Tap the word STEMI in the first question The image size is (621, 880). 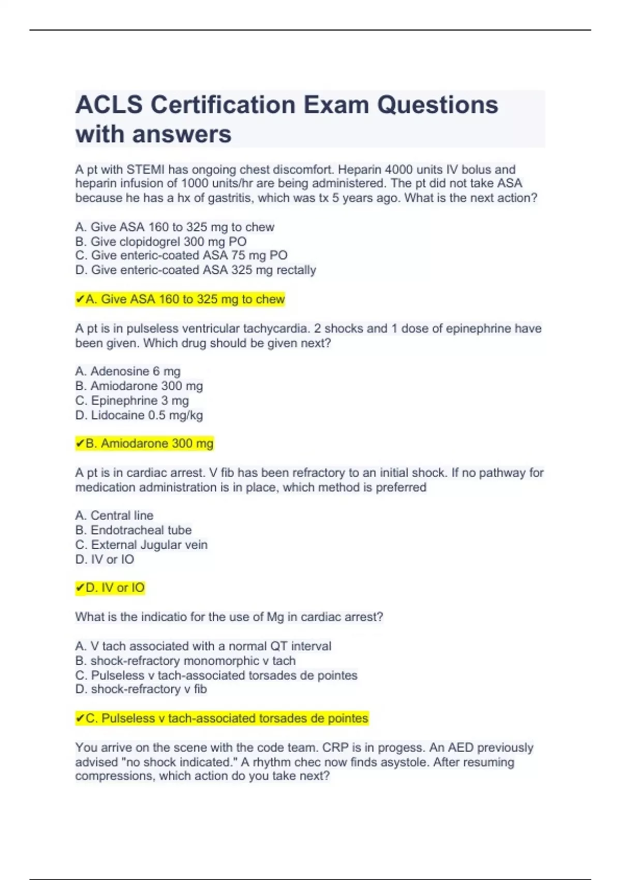(145, 169)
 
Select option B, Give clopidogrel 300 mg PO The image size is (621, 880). (161, 241)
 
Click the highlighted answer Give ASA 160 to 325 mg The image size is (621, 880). (180, 299)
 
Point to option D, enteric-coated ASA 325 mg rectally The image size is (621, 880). (196, 270)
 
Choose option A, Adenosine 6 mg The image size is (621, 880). (128, 371)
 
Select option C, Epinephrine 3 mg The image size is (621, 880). (132, 401)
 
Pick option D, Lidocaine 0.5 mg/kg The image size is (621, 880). (139, 415)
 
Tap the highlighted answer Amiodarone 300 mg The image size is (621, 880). (144, 444)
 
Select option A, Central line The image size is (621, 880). (114, 516)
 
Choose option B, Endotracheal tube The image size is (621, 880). (134, 530)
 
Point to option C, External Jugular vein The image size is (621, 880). (141, 545)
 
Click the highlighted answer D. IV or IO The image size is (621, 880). (110, 588)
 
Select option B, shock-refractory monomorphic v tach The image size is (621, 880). (185, 661)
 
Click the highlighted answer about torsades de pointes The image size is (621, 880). (222, 718)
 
